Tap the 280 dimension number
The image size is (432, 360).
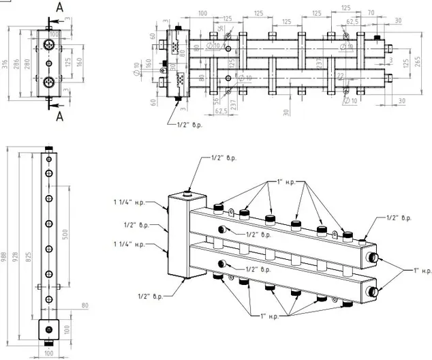point(28,64)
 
